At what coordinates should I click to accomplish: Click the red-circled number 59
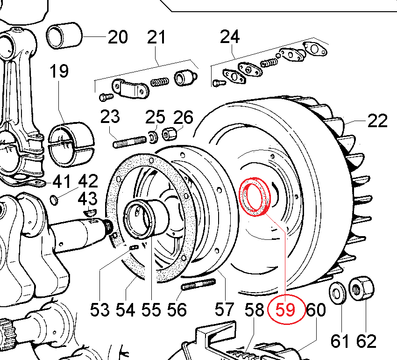286,310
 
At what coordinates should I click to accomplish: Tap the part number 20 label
117,37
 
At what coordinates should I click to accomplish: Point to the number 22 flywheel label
377,121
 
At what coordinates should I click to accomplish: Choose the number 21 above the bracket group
156,37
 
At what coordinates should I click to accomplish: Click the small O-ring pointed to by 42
55,201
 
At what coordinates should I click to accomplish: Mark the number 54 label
125,310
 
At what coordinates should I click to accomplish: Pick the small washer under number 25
152,137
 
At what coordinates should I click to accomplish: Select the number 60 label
316,310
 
